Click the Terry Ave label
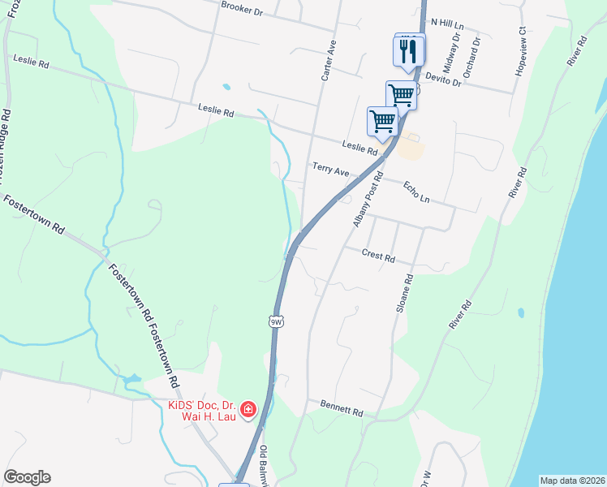(330, 171)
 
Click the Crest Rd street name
(378, 256)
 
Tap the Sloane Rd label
(404, 294)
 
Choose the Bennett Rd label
(341, 407)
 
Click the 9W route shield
(276, 321)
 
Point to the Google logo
(27, 477)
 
